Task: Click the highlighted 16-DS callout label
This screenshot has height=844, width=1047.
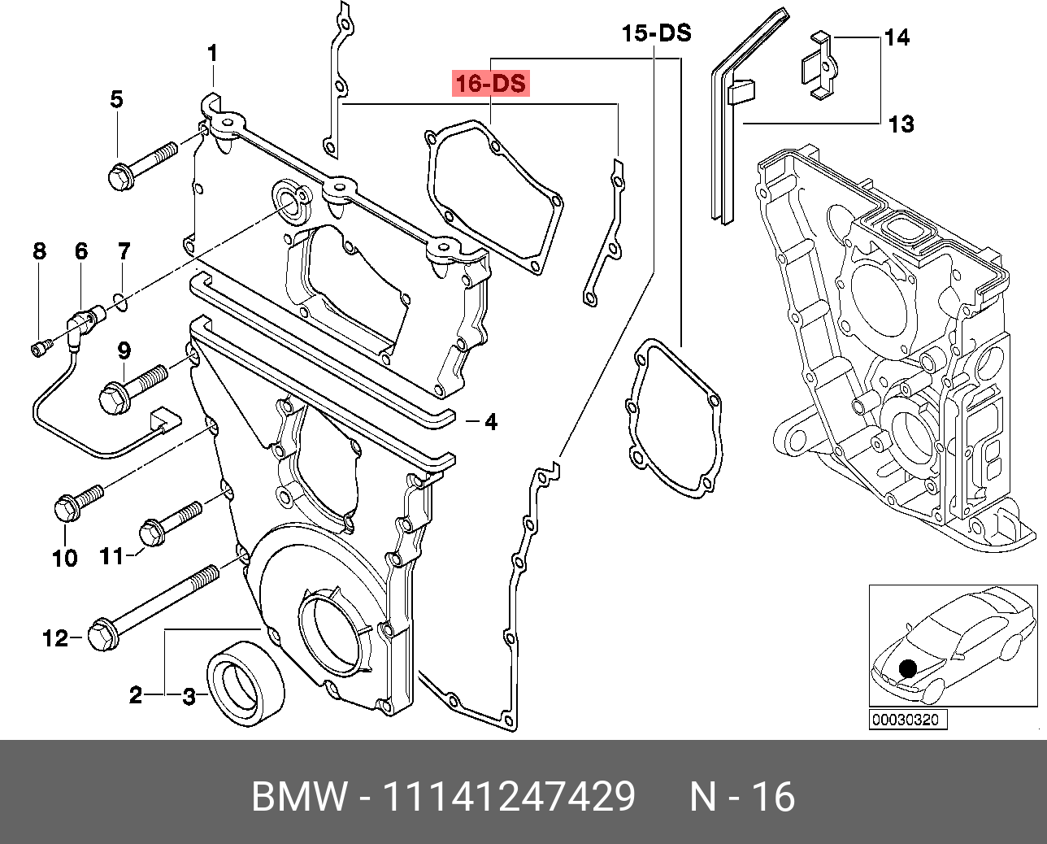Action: (491, 84)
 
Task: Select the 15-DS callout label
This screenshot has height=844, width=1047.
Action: (656, 33)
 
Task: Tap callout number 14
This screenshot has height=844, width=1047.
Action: (897, 37)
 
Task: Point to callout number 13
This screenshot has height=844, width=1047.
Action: (900, 124)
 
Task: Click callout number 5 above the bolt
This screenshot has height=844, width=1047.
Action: (117, 100)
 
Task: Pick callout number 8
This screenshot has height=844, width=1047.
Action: (40, 251)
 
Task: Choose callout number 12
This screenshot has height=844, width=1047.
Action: (55, 639)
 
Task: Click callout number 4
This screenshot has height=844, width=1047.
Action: (490, 422)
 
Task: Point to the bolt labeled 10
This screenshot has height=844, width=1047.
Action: (77, 499)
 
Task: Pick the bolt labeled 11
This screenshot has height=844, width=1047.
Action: (169, 523)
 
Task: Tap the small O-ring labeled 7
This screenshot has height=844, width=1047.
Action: (120, 303)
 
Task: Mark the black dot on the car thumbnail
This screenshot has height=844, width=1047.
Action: (908, 668)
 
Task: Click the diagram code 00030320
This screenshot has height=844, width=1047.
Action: (905, 720)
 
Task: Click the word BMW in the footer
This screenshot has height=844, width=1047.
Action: (298, 797)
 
